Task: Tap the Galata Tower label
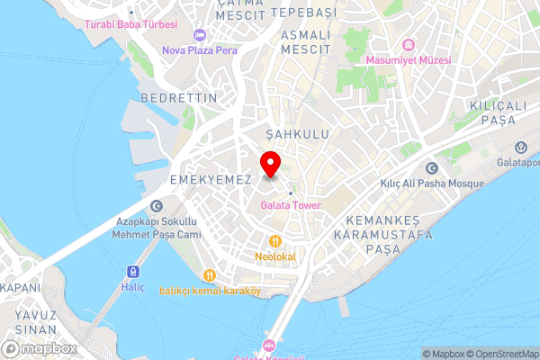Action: coord(292,205)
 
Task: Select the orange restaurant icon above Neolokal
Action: coord(274,241)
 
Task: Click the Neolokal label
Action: coord(274,256)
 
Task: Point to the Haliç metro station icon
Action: coord(133,271)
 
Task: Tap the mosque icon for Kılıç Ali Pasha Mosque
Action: coord(429,168)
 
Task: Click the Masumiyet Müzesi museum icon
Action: coord(407,44)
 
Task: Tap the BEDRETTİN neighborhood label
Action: coord(179,96)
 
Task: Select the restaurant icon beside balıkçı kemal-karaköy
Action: coord(209,275)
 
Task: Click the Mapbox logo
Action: coord(39,348)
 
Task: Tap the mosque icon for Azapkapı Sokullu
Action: coord(157,205)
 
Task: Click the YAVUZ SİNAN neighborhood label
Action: coord(36,323)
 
